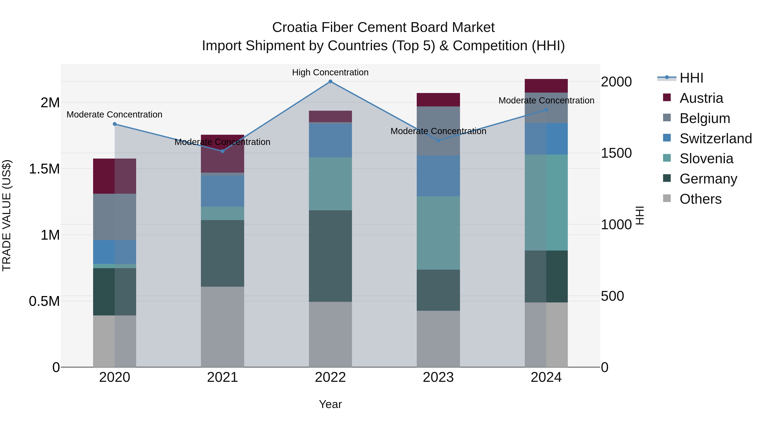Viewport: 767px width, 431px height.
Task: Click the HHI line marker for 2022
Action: point(330,82)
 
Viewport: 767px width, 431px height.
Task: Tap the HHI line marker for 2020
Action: point(115,124)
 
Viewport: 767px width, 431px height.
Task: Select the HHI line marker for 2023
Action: point(438,140)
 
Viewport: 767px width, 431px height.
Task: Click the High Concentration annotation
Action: point(330,72)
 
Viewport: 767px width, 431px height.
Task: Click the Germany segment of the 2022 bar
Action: point(330,256)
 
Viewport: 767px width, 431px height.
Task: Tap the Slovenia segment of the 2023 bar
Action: point(438,233)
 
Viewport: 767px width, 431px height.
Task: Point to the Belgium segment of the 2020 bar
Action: point(115,217)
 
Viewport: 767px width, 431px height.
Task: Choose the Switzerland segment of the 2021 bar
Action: point(222,191)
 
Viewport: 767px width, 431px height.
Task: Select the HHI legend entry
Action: point(691,78)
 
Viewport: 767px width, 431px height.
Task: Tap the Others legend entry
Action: point(700,199)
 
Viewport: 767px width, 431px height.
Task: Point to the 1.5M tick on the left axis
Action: point(44,169)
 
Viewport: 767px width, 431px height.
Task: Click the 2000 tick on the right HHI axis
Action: point(616,82)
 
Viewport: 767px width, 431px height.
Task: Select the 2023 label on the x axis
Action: point(438,377)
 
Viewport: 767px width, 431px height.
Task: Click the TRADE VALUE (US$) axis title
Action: point(7,215)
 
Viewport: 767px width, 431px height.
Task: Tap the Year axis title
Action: point(330,404)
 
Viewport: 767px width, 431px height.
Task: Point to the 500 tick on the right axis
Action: point(612,296)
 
